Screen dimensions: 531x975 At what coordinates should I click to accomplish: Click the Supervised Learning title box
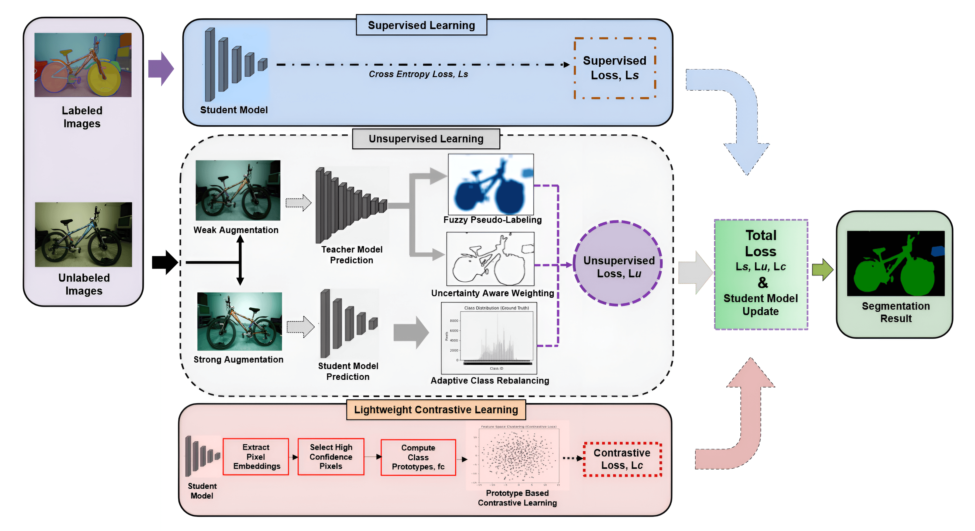click(421, 25)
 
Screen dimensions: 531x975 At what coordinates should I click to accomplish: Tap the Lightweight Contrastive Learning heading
click(436, 410)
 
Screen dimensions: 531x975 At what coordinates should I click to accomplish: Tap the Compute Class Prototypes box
click(418, 457)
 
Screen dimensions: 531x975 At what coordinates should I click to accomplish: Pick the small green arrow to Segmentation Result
click(822, 270)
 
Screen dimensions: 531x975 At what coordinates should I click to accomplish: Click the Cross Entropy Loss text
click(418, 74)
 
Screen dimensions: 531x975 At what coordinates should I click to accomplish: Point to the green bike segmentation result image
click(895, 264)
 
